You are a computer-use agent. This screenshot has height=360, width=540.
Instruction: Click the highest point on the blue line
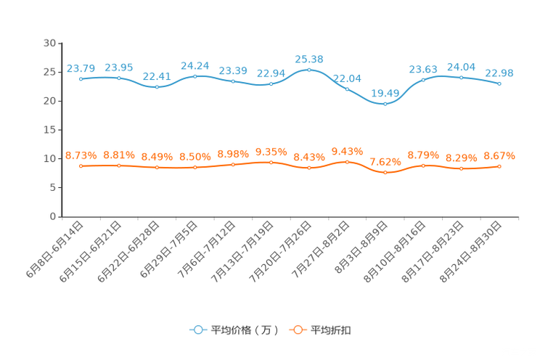pyautogui.click(x=309, y=70)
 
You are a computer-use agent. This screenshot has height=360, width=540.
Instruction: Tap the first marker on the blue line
pyautogui.click(x=81, y=78)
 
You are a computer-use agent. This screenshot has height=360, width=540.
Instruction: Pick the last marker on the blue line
pyautogui.click(x=499, y=83)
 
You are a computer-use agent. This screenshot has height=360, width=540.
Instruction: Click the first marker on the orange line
pyautogui.click(x=81, y=165)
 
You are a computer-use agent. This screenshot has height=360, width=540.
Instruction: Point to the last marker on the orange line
pyautogui.click(x=499, y=166)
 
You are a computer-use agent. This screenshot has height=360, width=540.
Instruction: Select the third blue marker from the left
pyautogui.click(x=157, y=86)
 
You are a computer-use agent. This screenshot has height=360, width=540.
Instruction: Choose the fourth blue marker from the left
pyautogui.click(x=195, y=75)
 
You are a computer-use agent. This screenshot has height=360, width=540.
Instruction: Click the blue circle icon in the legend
pyautogui.click(x=197, y=330)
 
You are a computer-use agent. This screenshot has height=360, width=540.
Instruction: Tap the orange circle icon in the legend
pyautogui.click(x=297, y=330)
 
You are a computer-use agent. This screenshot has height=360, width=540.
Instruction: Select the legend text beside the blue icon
pyautogui.click(x=244, y=330)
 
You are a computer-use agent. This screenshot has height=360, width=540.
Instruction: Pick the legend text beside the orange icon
pyautogui.click(x=332, y=330)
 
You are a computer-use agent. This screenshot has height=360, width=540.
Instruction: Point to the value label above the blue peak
pyautogui.click(x=309, y=58)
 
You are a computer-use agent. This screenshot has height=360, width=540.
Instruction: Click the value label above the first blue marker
pyautogui.click(x=81, y=68)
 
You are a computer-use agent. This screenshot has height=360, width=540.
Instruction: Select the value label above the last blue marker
pyautogui.click(x=499, y=73)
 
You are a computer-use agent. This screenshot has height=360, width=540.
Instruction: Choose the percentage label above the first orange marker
pyautogui.click(x=81, y=155)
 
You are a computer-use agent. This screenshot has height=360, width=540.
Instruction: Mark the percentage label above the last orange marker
pyautogui.click(x=499, y=155)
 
